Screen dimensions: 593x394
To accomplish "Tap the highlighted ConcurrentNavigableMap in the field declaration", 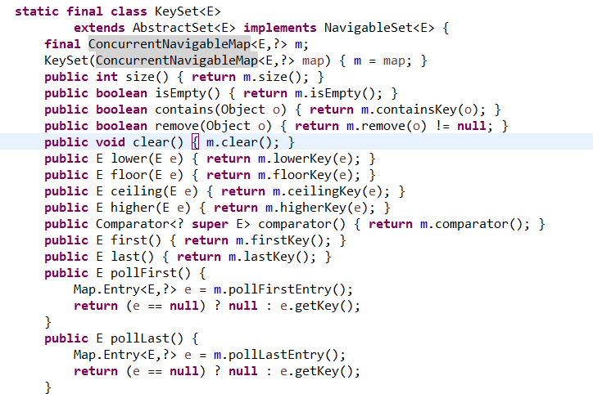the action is pyautogui.click(x=169, y=44).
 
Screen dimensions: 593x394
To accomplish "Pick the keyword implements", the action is pyautogui.click(x=279, y=28).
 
